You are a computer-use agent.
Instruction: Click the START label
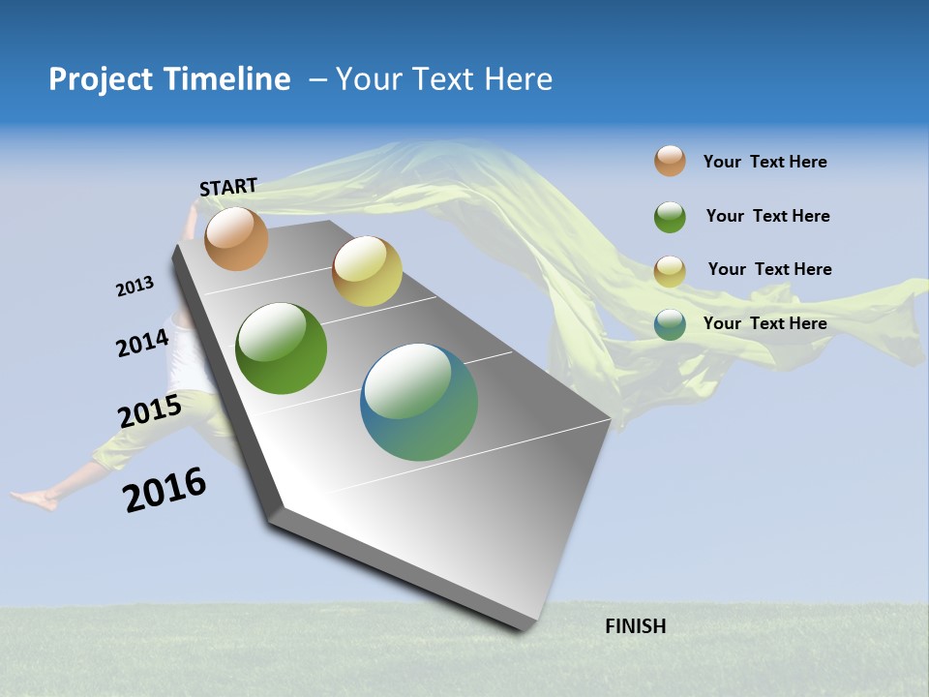[x=228, y=187]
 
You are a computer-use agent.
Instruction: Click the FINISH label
[x=635, y=626]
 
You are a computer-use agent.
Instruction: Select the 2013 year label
[x=135, y=287]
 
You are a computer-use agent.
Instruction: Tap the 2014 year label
[x=142, y=343]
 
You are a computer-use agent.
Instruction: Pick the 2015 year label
[x=150, y=411]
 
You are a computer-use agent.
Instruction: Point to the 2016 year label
[x=165, y=490]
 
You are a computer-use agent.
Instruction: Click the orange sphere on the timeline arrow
[x=236, y=238]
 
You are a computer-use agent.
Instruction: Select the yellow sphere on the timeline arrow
[x=367, y=271]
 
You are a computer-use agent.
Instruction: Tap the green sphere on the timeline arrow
[x=282, y=348]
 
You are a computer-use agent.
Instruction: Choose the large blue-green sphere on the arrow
[x=419, y=402]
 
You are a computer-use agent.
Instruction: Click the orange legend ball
[x=670, y=162]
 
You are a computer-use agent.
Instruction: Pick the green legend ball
[x=670, y=216]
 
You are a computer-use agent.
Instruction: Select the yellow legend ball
[x=670, y=270]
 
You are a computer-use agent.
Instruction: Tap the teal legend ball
[x=670, y=324]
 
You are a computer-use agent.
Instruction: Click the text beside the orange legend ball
[x=764, y=162]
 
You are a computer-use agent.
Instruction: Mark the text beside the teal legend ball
[x=764, y=323]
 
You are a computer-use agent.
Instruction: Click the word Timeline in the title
[x=225, y=79]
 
